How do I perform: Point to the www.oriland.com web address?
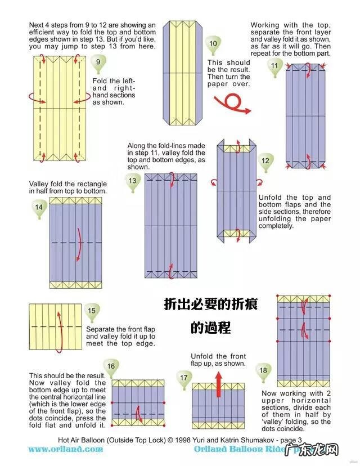point(66,449)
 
